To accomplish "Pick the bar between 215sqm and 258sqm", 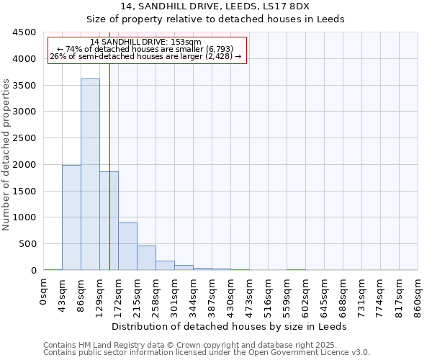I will point(146,258).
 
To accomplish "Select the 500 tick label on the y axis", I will point(27,244).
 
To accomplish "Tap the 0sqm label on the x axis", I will point(44,291).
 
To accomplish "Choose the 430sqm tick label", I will point(231,294).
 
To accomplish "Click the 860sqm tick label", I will point(418,294).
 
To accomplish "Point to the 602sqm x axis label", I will point(306,294).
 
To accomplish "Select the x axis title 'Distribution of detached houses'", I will point(230,326).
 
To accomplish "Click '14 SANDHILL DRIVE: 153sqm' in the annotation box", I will point(146,42).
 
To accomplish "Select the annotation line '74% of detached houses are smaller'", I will point(146,49).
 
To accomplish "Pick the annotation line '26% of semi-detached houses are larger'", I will point(146,56).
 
